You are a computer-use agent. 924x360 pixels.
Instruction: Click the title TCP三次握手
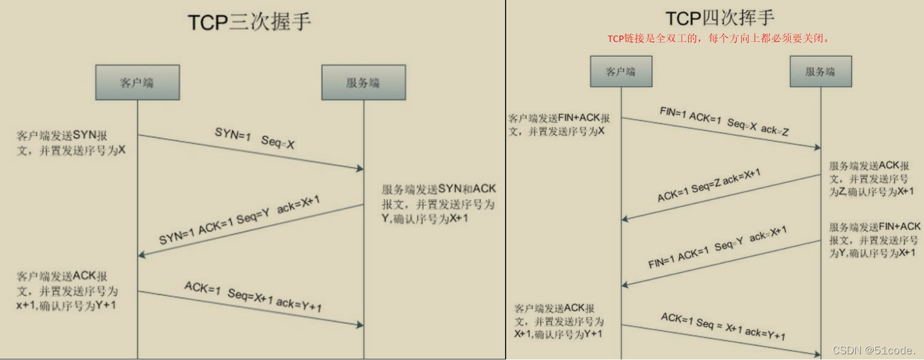click(249, 22)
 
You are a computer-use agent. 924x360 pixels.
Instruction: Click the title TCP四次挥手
click(720, 18)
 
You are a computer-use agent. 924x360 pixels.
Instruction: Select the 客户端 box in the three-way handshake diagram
click(137, 83)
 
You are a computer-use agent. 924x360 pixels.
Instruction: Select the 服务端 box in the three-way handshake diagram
click(363, 83)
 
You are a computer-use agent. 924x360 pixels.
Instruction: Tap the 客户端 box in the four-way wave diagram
click(621, 72)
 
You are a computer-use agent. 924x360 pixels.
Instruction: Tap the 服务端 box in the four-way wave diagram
click(820, 72)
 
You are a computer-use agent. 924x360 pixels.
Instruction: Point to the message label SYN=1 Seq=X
click(254, 138)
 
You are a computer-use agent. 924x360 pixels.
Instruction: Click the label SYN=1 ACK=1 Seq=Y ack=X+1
click(239, 219)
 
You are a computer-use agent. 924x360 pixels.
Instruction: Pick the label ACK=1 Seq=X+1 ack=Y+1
click(253, 296)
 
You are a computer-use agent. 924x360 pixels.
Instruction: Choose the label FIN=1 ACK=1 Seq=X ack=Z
click(724, 121)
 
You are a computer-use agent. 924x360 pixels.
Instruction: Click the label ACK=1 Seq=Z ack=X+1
click(709, 185)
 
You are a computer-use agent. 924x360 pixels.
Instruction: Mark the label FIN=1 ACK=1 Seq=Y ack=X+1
click(717, 247)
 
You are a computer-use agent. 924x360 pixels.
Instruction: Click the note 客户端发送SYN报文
click(71, 143)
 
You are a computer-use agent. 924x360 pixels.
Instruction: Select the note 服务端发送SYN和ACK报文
click(438, 204)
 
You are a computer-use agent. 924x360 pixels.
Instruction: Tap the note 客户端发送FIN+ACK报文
click(558, 125)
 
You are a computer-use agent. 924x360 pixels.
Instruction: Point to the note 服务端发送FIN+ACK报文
click(874, 240)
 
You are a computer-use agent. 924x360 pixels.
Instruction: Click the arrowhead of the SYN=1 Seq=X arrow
click(360, 168)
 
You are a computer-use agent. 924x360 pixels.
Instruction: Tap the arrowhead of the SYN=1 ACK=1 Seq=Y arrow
click(141, 254)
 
